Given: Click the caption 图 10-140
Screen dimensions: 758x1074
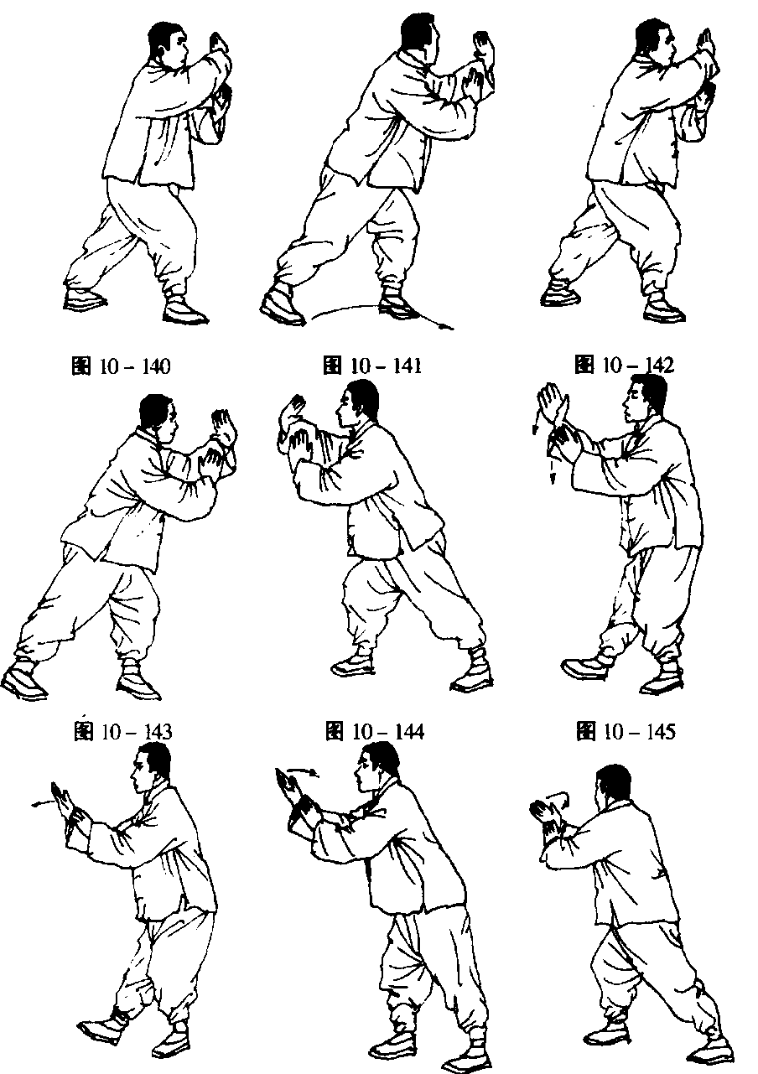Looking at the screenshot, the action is tap(121, 366).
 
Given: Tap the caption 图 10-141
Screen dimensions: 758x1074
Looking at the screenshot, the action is tap(372, 366).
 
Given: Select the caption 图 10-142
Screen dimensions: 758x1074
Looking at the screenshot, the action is tap(624, 366).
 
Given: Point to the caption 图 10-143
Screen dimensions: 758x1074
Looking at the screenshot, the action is tap(122, 732).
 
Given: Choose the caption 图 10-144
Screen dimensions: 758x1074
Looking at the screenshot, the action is tap(375, 732).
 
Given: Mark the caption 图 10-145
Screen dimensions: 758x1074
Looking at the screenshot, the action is tap(626, 732).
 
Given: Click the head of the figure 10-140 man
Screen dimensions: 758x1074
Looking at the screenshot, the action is tap(168, 41).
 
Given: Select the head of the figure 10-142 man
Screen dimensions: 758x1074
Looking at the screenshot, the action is tap(654, 41).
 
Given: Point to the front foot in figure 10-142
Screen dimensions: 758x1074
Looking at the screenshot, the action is tap(665, 309).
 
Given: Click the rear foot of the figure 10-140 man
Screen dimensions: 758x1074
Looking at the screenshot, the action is tap(85, 299).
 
